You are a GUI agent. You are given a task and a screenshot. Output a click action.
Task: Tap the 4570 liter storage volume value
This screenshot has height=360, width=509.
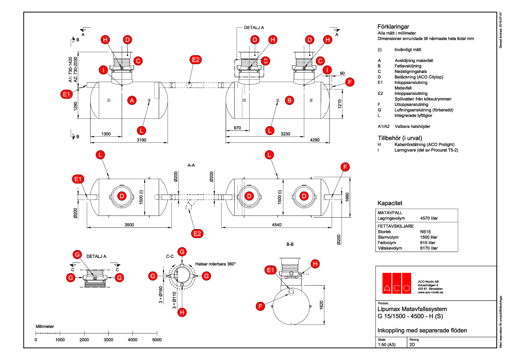[x=429, y=218]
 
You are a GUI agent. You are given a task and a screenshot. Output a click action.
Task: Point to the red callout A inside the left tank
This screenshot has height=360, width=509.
[x=132, y=100]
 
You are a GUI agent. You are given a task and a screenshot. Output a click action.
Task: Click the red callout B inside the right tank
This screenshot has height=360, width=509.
[x=290, y=100]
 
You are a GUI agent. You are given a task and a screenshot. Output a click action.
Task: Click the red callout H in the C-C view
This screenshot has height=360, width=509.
[x=182, y=312]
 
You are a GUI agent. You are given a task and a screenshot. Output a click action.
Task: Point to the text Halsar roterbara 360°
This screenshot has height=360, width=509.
[x=215, y=264]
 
